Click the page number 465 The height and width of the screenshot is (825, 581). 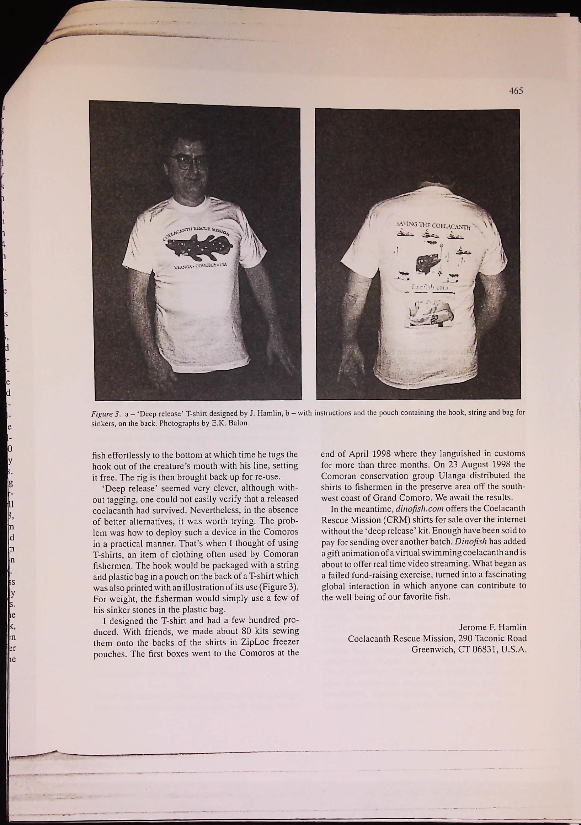pyautogui.click(x=515, y=91)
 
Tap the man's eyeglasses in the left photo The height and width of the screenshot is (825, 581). pyautogui.click(x=190, y=161)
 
